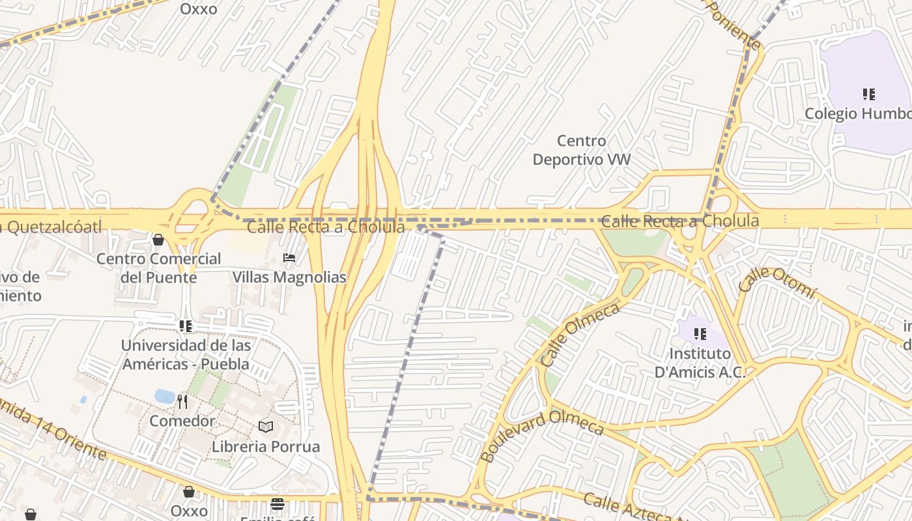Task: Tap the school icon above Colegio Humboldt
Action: [868, 94]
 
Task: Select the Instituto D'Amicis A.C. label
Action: [700, 363]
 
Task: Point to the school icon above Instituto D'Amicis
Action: [700, 334]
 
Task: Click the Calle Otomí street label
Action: [777, 283]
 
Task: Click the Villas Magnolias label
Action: [289, 277]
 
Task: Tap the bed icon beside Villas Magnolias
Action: [289, 258]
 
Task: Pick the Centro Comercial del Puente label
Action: [158, 268]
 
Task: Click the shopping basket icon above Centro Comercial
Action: [158, 240]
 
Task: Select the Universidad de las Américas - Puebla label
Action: [186, 354]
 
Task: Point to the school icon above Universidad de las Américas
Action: [186, 326]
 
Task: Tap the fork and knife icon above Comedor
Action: [182, 402]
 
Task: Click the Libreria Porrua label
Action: [266, 447]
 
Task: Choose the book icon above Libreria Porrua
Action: [266, 427]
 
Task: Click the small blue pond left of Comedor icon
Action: [164, 396]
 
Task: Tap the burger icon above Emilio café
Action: [278, 503]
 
